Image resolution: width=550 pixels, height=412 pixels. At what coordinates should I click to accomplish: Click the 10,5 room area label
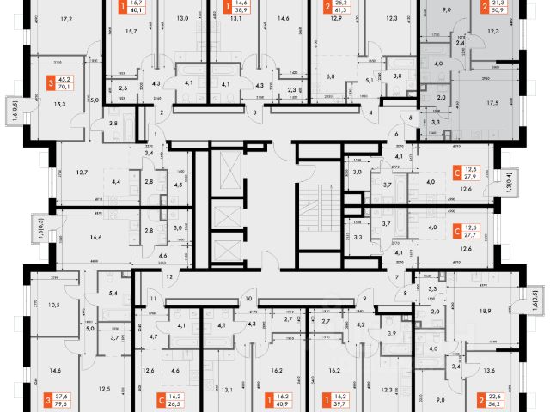pyautogui.click(x=53, y=304)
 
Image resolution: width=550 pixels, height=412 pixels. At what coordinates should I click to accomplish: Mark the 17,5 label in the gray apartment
pyautogui.click(x=492, y=103)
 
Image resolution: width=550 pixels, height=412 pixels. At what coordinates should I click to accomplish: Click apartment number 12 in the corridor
pyautogui.click(x=169, y=276)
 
